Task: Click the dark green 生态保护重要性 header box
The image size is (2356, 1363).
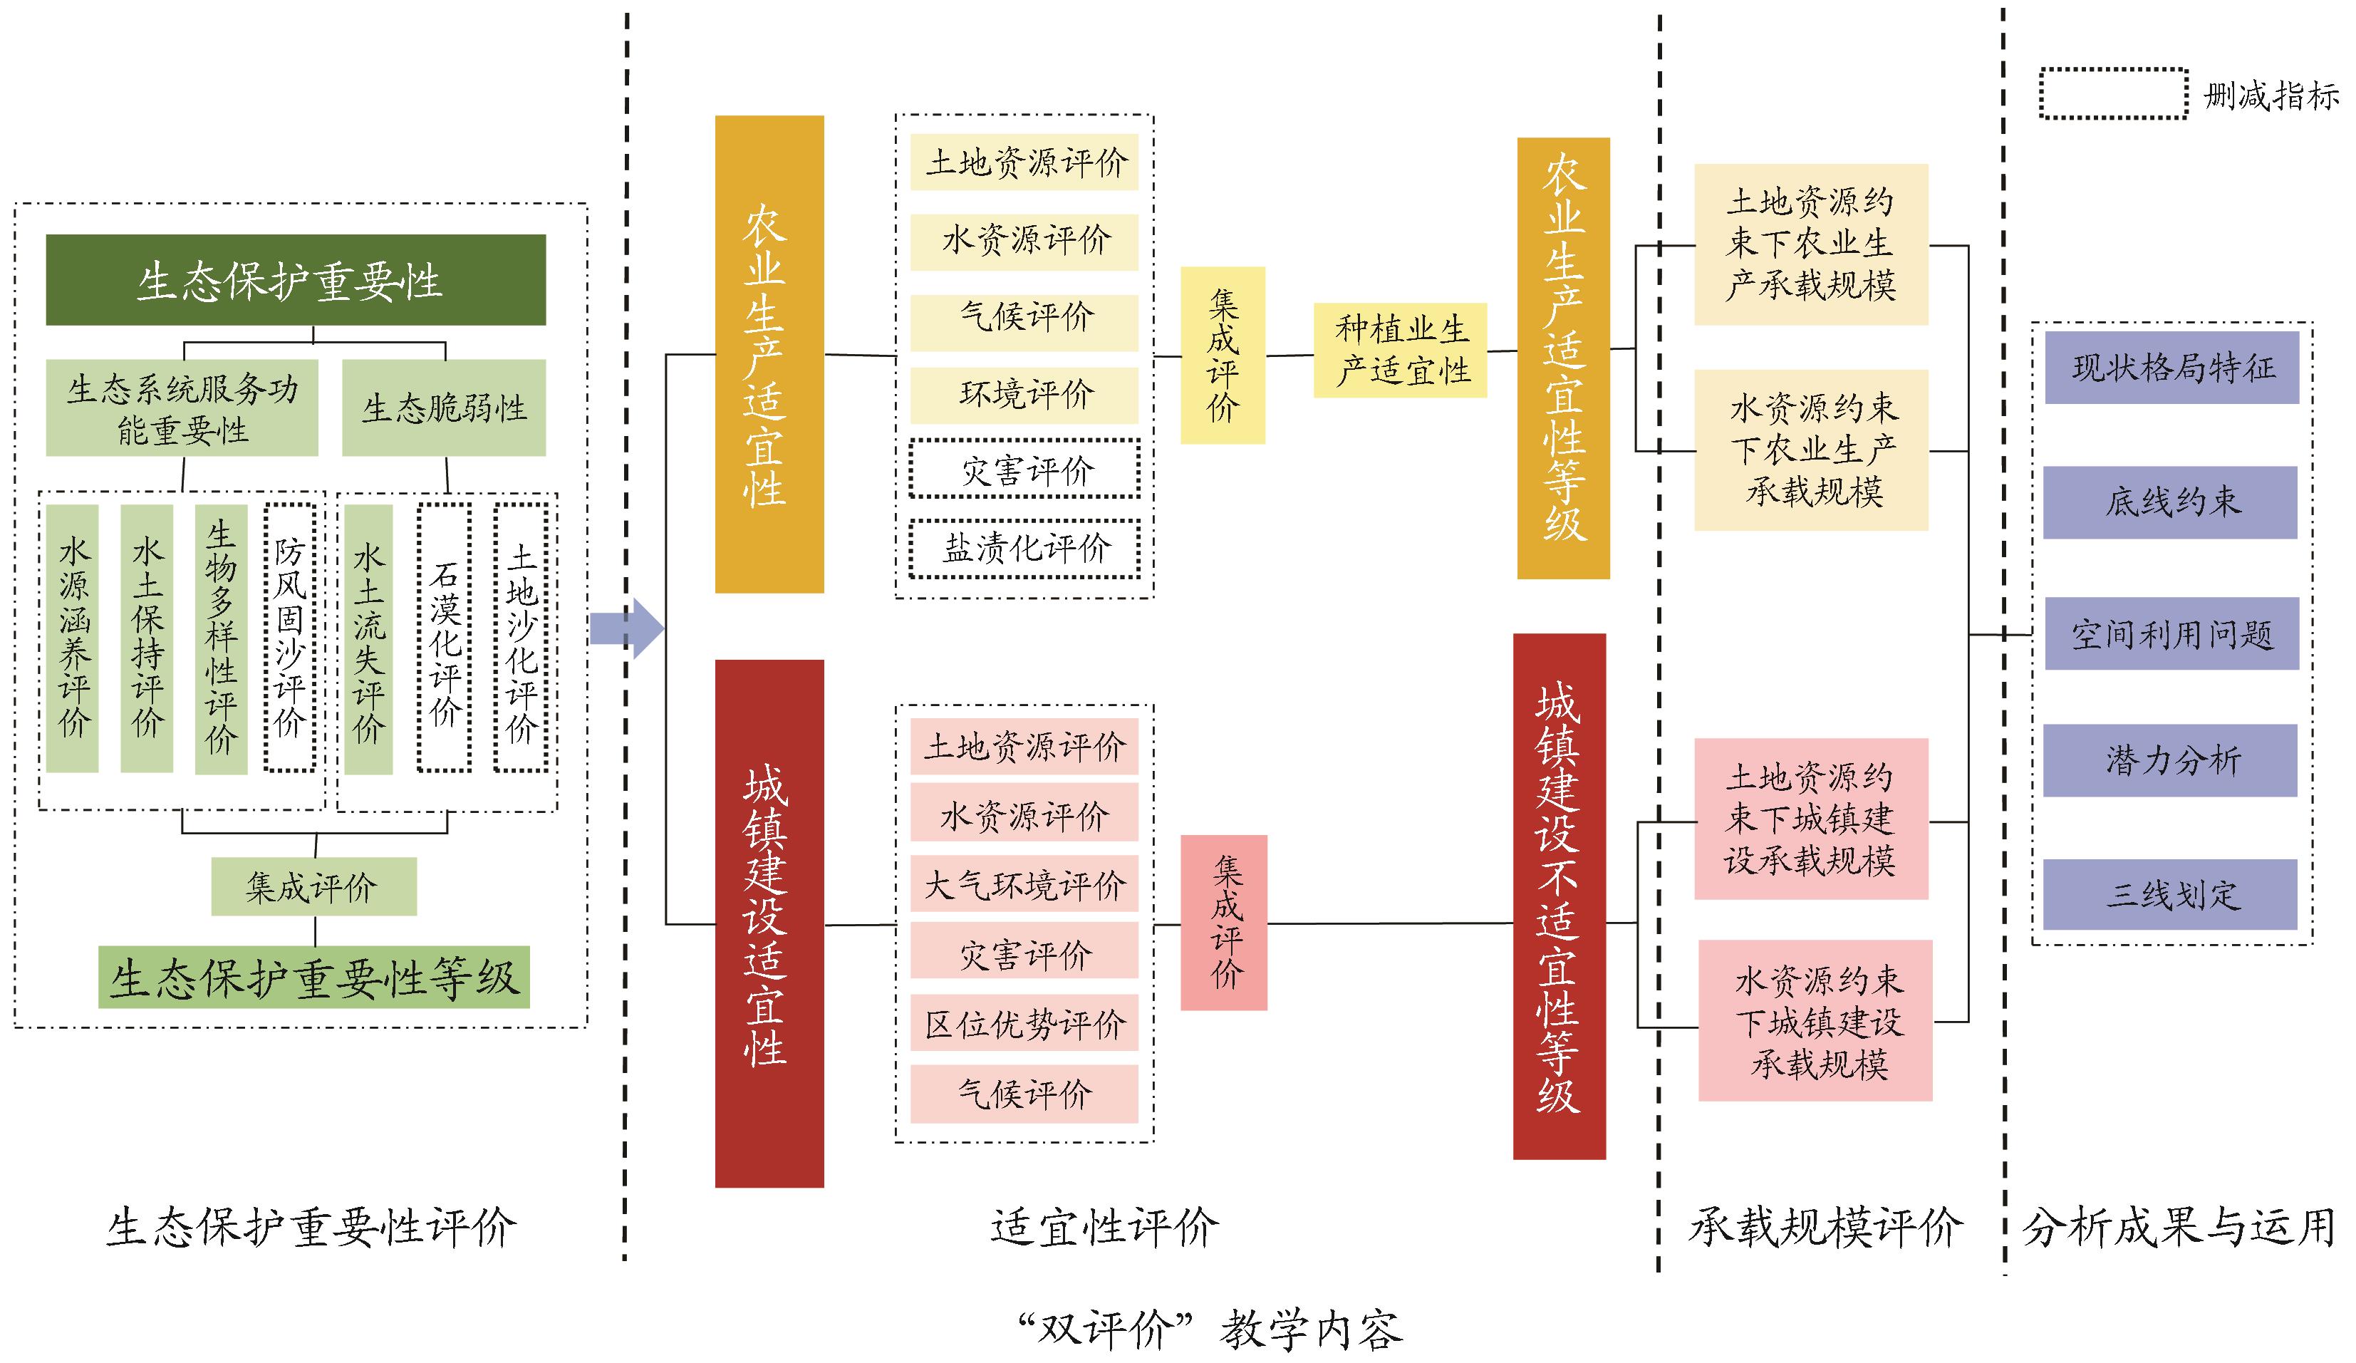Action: (x=296, y=279)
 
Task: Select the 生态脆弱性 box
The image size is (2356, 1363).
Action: (x=443, y=408)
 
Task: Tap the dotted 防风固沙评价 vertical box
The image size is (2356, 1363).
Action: (x=289, y=638)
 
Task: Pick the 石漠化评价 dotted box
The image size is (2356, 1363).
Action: (x=444, y=638)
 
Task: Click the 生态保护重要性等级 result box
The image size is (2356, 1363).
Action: (x=314, y=977)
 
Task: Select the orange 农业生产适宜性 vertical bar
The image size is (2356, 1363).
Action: (x=769, y=353)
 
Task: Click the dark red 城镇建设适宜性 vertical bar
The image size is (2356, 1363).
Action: (x=769, y=923)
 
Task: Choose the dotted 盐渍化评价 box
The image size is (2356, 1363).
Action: (x=1024, y=549)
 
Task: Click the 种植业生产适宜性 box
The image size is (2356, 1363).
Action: (x=1400, y=350)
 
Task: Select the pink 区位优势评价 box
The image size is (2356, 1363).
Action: (x=1024, y=1024)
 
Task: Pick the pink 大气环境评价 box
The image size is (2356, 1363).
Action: (x=1024, y=884)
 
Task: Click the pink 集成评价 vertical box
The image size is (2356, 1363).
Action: (x=1224, y=923)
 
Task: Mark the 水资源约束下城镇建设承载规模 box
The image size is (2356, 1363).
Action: (x=1815, y=1021)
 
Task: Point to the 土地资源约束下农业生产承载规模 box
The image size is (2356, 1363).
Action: (x=1811, y=244)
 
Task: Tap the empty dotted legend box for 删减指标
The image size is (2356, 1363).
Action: (x=2113, y=93)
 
